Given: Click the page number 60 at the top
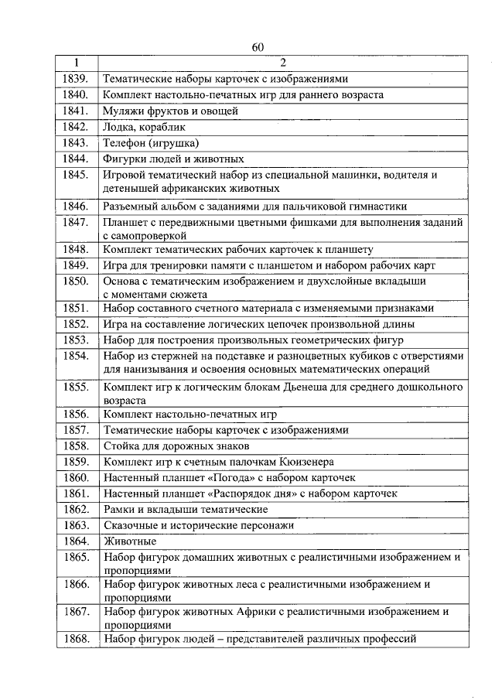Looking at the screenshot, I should (x=258, y=48).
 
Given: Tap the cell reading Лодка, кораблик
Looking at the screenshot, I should (x=145, y=127).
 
